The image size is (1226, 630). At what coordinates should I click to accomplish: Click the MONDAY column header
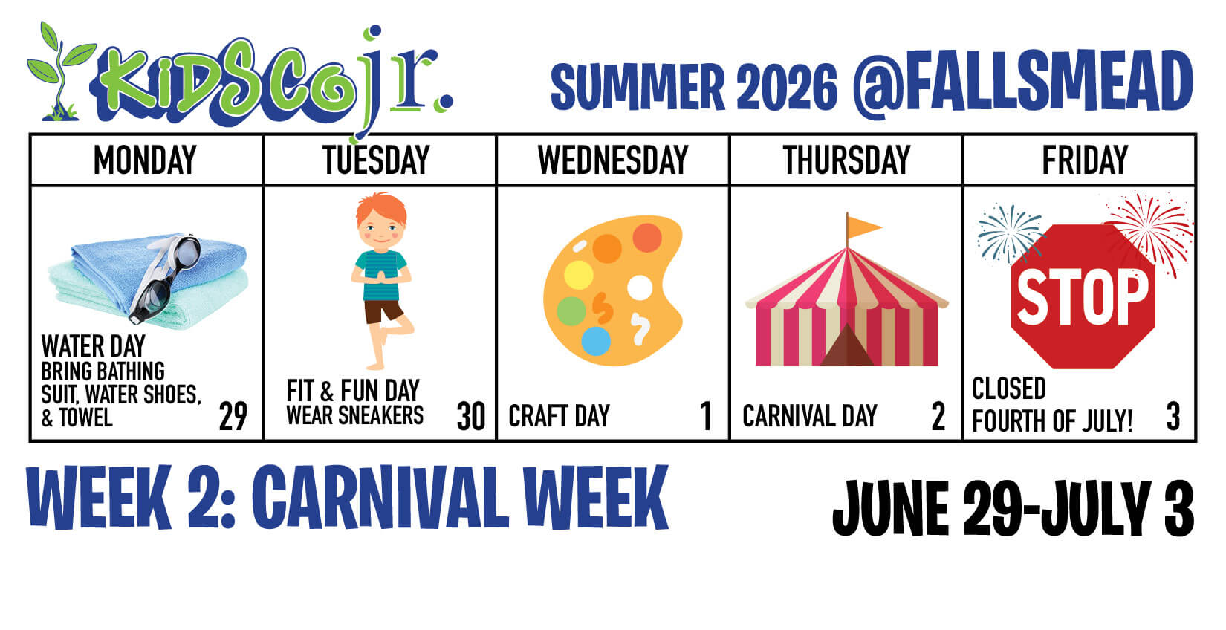[x=145, y=160]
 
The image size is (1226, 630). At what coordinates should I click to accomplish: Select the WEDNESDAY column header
[x=613, y=160]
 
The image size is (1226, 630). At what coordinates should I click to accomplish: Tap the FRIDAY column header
[x=1085, y=160]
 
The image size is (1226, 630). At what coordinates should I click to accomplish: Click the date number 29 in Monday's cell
[x=233, y=417]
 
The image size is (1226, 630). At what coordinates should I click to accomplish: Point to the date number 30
[x=470, y=417]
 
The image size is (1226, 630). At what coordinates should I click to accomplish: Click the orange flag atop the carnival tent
[x=863, y=226]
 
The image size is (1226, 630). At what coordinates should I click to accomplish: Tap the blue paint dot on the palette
[x=595, y=341]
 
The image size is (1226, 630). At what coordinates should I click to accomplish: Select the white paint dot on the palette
[x=639, y=288]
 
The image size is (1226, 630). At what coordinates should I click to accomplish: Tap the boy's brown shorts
[x=383, y=311]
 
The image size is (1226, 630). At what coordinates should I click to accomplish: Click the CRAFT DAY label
[x=559, y=417]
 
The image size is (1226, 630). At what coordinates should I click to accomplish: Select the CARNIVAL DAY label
[x=809, y=417]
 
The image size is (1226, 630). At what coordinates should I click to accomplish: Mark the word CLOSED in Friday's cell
[x=1009, y=389]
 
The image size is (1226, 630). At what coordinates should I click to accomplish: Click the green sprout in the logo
[x=59, y=71]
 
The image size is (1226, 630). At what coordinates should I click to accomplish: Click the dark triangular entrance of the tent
[x=847, y=346]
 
